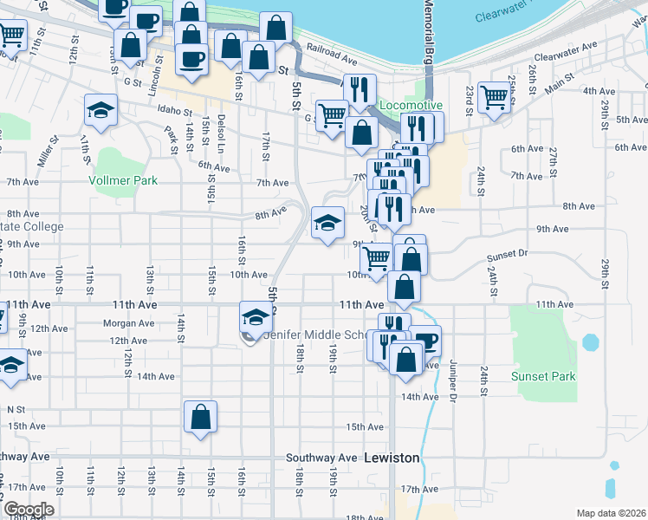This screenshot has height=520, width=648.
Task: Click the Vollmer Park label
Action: pos(123,181)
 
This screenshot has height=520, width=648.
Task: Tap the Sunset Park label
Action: pos(543,376)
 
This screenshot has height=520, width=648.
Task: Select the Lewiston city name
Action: pos(392,457)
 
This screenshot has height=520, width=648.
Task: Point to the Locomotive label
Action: pos(411,105)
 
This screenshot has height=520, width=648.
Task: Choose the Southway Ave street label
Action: pos(322,458)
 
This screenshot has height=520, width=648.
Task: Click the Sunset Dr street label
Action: pos(507,255)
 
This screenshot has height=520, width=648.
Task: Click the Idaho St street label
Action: pos(174,110)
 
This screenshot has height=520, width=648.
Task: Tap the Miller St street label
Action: pos(45,153)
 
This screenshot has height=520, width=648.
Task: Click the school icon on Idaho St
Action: pos(101,110)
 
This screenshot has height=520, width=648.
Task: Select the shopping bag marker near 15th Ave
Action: pos(200,417)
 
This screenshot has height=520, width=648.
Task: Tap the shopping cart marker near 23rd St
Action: pos(493,97)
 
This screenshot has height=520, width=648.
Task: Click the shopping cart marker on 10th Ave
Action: pos(375,257)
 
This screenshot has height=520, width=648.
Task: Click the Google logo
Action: pos(28,510)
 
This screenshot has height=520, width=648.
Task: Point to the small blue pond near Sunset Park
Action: pos(590,342)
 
